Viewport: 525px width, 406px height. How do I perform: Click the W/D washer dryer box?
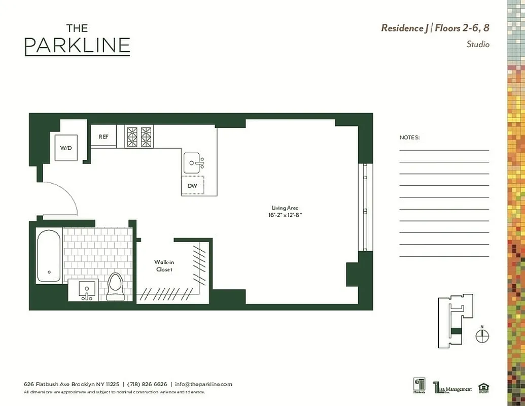point(66,148)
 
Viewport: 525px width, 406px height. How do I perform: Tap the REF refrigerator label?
point(103,137)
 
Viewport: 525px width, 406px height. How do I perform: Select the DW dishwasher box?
point(193,186)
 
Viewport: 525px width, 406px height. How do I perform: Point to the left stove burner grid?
point(131,137)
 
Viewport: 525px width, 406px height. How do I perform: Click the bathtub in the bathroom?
point(49,256)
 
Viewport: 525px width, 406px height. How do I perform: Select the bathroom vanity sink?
point(87,290)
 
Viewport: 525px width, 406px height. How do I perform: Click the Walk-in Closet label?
point(164,265)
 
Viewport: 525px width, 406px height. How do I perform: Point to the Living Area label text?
point(285,208)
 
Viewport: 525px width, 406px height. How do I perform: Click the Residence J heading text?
point(404,28)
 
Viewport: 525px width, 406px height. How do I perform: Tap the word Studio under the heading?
point(478,44)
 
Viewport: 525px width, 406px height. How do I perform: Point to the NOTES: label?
point(410,138)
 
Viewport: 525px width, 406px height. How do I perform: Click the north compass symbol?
point(482,335)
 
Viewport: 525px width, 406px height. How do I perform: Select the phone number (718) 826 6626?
point(147,384)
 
